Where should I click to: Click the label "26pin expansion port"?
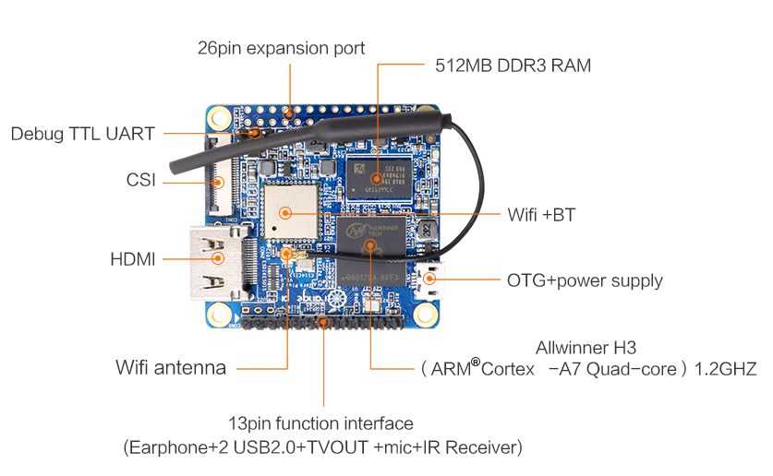tap(281, 48)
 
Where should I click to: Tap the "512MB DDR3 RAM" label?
tap(513, 65)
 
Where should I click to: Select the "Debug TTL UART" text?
tap(83, 134)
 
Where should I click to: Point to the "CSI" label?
tap(141, 180)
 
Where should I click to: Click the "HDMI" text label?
tap(133, 259)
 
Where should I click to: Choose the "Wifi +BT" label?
tap(541, 215)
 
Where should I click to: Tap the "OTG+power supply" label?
tap(585, 280)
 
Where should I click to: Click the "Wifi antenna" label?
tap(171, 367)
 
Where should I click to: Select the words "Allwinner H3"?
tap(586, 348)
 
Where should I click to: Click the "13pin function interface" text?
tap(320, 423)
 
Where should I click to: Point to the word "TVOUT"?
tap(338, 447)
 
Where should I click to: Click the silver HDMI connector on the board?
tap(218, 263)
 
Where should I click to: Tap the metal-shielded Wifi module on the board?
tap(290, 212)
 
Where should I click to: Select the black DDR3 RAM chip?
tap(378, 178)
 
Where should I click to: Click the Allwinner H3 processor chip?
tap(371, 252)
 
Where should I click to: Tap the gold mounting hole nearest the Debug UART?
tap(219, 118)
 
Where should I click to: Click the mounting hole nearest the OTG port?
tap(426, 314)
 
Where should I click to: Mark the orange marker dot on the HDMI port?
tap(218, 257)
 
